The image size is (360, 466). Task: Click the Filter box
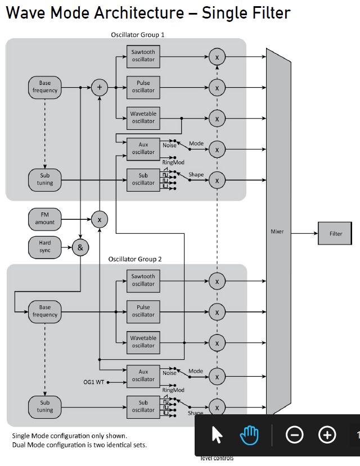(335, 233)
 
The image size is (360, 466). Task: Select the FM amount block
(45, 219)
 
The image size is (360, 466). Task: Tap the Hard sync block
(45, 247)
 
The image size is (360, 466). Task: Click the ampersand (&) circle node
(80, 247)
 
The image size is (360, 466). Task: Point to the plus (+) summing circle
(100, 87)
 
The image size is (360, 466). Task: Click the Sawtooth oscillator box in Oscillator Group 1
(143, 56)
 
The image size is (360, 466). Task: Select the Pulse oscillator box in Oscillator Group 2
(143, 311)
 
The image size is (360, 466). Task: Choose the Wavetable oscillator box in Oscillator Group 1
(143, 117)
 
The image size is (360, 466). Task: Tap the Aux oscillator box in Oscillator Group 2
(143, 375)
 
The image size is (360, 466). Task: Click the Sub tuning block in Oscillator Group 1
(45, 179)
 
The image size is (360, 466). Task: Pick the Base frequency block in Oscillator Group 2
(45, 311)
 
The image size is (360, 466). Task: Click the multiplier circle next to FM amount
(100, 219)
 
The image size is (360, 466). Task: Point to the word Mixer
(277, 231)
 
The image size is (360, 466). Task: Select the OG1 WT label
(93, 382)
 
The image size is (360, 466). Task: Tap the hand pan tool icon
(249, 435)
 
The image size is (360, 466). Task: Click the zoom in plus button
(327, 435)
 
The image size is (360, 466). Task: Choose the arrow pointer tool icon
(217, 435)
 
